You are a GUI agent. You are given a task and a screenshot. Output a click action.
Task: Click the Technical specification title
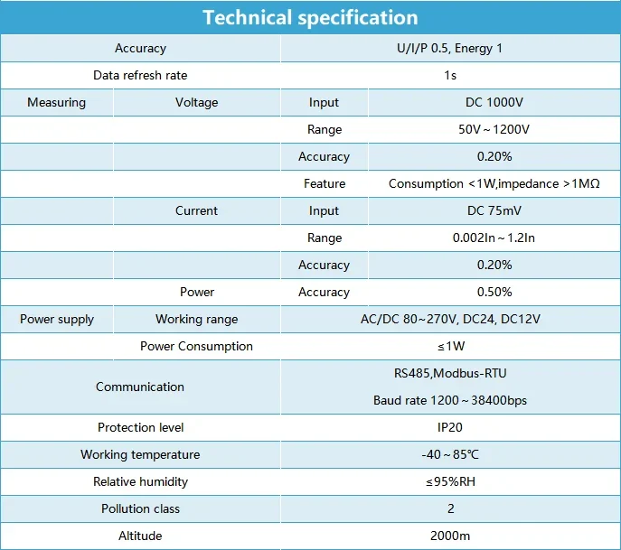pyautogui.click(x=310, y=18)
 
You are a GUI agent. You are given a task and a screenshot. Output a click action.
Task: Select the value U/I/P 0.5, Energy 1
pyautogui.click(x=450, y=48)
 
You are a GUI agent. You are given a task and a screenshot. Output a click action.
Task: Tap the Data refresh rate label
pyautogui.click(x=140, y=75)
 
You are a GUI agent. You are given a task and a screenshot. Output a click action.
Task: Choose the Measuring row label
pyautogui.click(x=56, y=102)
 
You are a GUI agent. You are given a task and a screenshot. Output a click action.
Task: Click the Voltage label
pyautogui.click(x=196, y=102)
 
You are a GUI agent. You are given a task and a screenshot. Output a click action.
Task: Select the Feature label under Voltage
pyautogui.click(x=325, y=183)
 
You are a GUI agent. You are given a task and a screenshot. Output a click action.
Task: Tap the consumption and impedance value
pyautogui.click(x=494, y=183)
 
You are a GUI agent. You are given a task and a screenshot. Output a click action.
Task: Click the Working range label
pyautogui.click(x=196, y=319)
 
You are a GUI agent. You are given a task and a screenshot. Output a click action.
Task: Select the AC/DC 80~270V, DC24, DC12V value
pyautogui.click(x=450, y=319)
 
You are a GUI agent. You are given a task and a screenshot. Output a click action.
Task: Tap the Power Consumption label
pyautogui.click(x=196, y=346)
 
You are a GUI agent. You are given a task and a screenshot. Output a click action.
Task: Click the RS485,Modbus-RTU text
pyautogui.click(x=450, y=373)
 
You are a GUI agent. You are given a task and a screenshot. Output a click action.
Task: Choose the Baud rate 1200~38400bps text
pyautogui.click(x=450, y=400)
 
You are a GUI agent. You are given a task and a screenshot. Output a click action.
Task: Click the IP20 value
pyautogui.click(x=450, y=427)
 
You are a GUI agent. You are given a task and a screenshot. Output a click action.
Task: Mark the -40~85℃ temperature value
pyautogui.click(x=450, y=454)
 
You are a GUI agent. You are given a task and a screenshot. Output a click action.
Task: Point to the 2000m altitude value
pyautogui.click(x=450, y=536)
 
